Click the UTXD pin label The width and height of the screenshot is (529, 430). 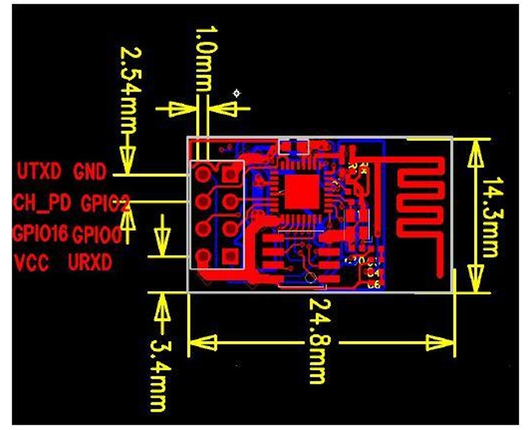tap(40, 172)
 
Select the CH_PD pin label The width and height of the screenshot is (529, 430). tap(42, 203)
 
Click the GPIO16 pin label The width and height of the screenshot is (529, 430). tap(40, 233)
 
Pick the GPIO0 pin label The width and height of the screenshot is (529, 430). tap(98, 234)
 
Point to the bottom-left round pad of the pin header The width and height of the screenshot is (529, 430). tap(204, 255)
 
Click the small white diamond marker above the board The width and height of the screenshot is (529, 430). tap(237, 92)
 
